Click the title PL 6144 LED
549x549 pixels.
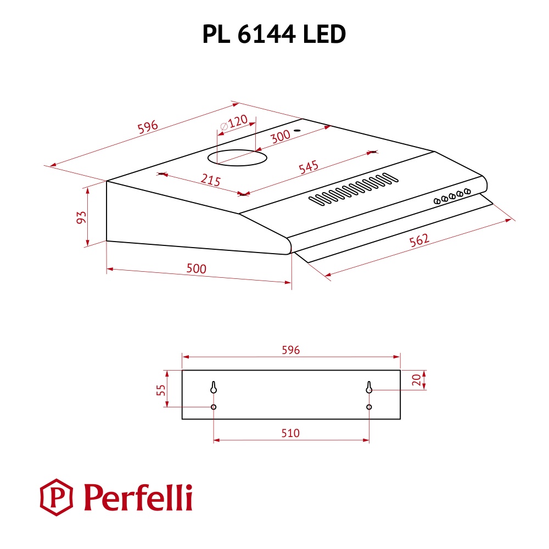click(x=274, y=35)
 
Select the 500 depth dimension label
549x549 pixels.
click(x=196, y=268)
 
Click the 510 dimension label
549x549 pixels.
click(x=290, y=433)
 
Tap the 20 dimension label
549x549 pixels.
click(x=416, y=380)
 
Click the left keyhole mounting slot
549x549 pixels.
click(x=213, y=388)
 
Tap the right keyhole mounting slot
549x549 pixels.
click(x=369, y=388)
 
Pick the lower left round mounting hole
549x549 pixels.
click(x=213, y=407)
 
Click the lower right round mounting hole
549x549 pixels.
click(x=369, y=407)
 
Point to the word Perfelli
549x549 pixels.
click(x=137, y=497)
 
